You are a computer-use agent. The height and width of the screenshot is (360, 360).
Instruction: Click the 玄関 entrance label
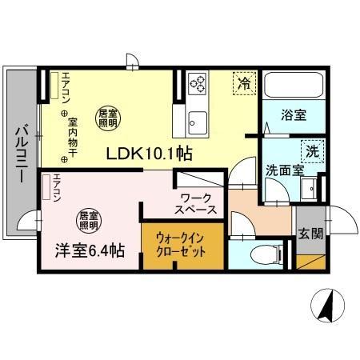pyautogui.click(x=310, y=234)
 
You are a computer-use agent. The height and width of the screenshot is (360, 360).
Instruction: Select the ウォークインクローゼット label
pyautogui.click(x=181, y=244)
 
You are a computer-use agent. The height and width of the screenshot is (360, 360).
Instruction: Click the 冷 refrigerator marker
pyautogui.click(x=243, y=82)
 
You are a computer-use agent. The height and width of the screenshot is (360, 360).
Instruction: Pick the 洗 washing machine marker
pyautogui.click(x=312, y=150)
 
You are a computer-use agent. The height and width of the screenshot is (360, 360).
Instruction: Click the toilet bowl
pyautogui.click(x=262, y=254)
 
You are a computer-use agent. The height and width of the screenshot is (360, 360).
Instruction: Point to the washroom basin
pyautogui.click(x=308, y=189)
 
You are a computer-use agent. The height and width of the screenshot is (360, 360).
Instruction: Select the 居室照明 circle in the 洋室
pyautogui.click(x=88, y=218)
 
